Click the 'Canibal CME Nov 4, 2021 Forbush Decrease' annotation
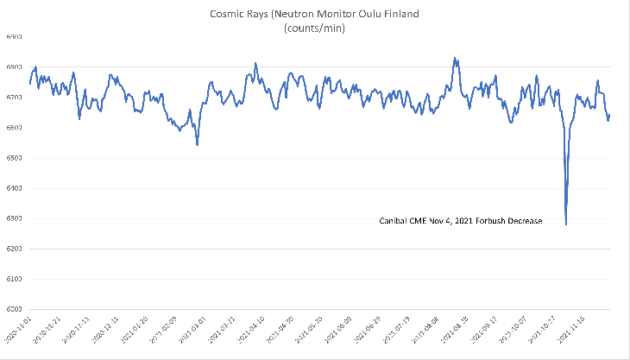[461, 221]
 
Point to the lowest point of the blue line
[566, 224]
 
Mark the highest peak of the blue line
[455, 59]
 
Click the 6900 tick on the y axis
[14, 36]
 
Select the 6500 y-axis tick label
[14, 158]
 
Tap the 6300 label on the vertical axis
[14, 218]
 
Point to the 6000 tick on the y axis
[14, 309]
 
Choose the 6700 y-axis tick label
[14, 98]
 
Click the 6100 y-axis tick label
[14, 279]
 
